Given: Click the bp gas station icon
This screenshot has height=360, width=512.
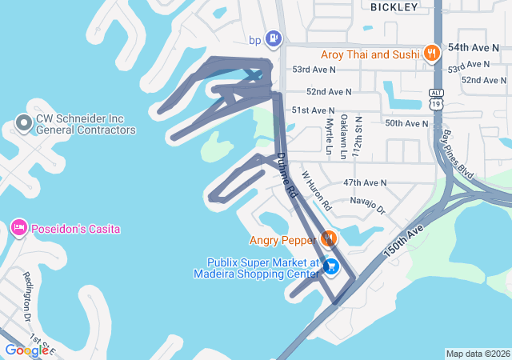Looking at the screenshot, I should tap(274, 38).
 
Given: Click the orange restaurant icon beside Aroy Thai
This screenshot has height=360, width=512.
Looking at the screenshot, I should tap(432, 54).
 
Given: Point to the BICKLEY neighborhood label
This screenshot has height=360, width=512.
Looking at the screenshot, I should tap(394, 7).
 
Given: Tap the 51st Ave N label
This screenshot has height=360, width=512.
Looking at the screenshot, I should tap(313, 110).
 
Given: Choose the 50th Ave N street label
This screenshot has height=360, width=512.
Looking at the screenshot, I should tap(406, 123).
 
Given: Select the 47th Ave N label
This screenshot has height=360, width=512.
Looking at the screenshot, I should tap(365, 182).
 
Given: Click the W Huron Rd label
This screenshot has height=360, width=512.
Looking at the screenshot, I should tap(316, 190).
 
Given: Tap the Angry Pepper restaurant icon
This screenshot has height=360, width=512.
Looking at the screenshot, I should tap(328, 238).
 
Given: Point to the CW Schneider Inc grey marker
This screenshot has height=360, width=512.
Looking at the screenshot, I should tap(23, 123).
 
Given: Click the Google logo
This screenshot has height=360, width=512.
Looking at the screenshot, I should tap(26, 350).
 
